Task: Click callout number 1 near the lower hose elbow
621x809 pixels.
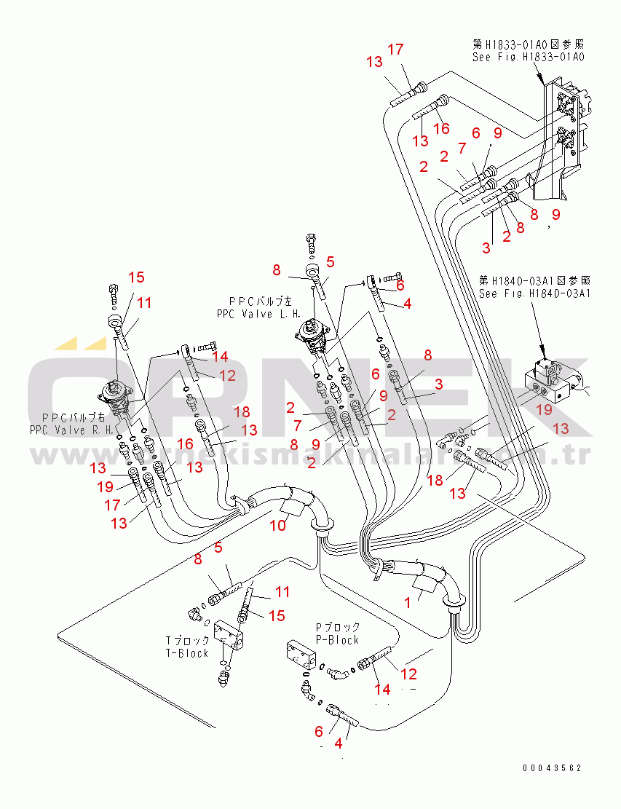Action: (408, 603)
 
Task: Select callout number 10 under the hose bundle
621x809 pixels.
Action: (278, 525)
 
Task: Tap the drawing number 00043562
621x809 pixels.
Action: (551, 768)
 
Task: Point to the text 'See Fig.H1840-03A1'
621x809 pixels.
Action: (534, 293)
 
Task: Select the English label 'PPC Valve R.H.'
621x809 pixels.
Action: (71, 430)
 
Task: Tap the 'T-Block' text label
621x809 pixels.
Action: (187, 653)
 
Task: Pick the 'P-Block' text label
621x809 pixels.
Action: (337, 639)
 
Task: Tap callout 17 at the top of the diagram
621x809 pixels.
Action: (395, 50)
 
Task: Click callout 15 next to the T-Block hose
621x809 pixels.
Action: (277, 616)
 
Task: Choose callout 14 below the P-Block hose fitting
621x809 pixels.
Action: (381, 689)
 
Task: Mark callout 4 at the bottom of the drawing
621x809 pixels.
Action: (338, 744)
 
